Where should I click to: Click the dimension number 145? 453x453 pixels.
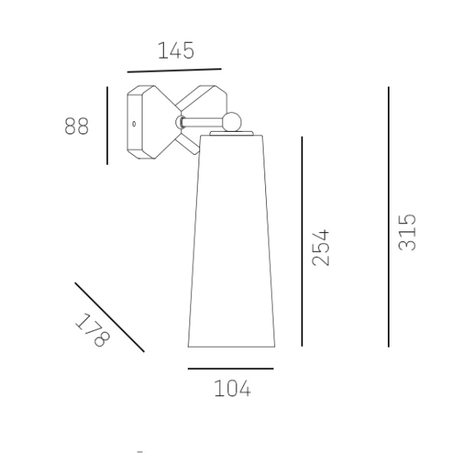[176, 50]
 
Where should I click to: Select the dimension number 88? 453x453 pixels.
[77, 126]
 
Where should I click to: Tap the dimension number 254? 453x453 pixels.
[320, 248]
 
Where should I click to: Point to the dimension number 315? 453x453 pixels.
[407, 232]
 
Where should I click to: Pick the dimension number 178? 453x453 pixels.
[92, 330]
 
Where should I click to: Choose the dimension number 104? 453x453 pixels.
[232, 389]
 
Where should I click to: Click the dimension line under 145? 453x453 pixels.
[175, 71]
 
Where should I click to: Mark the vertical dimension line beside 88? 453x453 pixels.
[107, 125]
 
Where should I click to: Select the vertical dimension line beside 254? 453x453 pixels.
[302, 241]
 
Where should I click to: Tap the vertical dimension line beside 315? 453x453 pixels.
[389, 217]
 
